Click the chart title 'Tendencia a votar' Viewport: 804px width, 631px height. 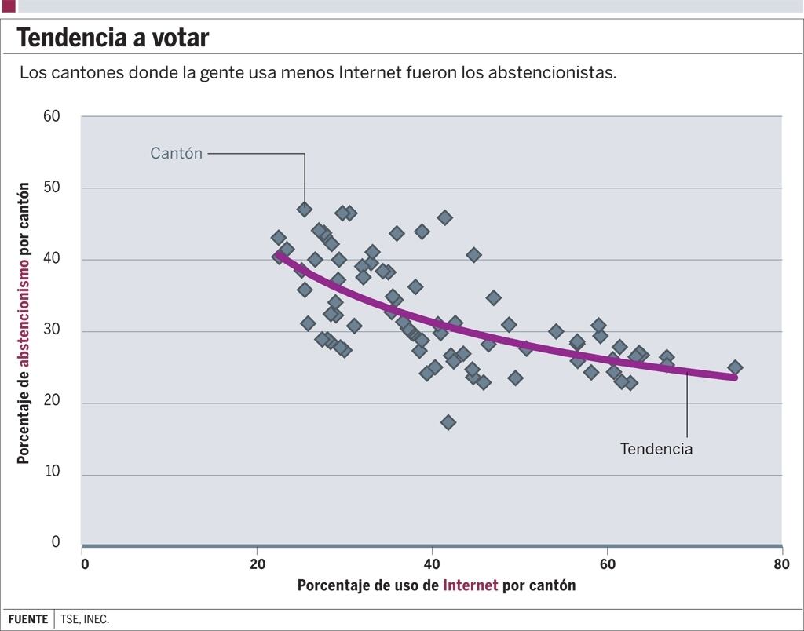coord(113,37)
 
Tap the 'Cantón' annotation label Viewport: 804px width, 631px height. coord(176,154)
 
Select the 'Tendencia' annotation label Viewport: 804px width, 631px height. coord(656,450)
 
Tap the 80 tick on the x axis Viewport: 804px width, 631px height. coord(781,564)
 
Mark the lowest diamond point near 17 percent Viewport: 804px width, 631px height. coord(448,422)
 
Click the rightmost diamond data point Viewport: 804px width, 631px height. coord(735,367)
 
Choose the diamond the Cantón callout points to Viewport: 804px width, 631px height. coord(304,209)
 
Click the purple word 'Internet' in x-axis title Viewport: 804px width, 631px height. coord(470,585)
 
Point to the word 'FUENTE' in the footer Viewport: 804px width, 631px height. coord(28,619)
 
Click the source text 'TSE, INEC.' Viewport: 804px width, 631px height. coord(85,619)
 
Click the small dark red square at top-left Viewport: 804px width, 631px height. coord(9,5)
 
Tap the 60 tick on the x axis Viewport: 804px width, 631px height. coord(607,564)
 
